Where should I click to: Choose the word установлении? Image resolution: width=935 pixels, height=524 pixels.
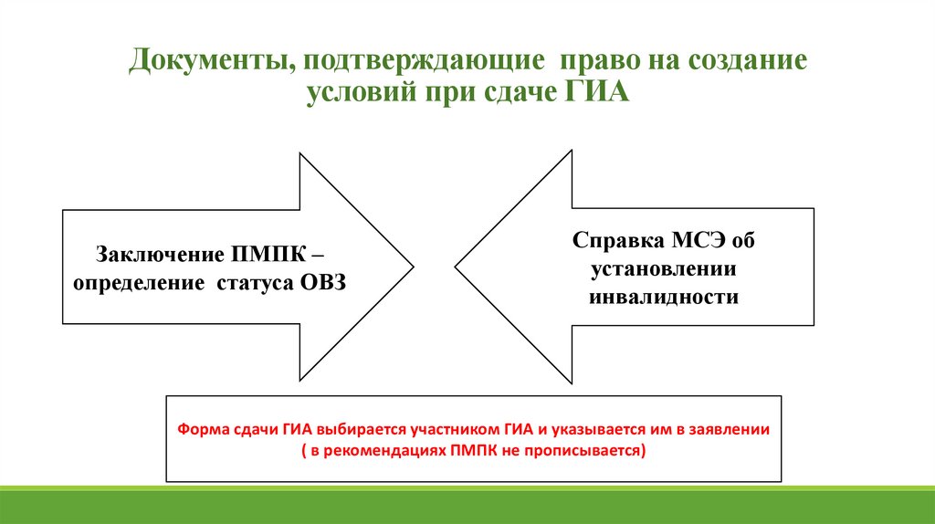coord(663,269)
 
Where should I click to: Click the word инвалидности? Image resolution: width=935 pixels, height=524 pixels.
coord(664,298)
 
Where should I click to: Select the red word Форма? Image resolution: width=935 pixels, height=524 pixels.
coord(198,428)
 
